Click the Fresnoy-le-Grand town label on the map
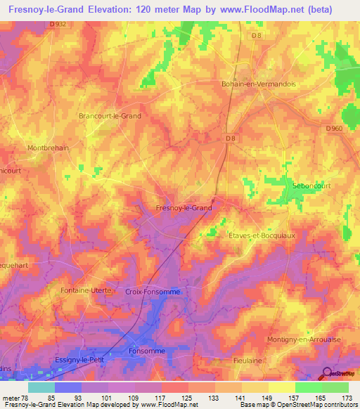(x=183, y=209)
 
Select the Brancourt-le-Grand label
(x=110, y=116)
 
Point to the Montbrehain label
(x=48, y=148)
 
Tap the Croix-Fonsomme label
(x=153, y=291)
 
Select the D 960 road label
(x=335, y=129)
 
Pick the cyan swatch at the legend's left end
(x=41, y=387)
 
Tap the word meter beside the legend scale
(x=12, y=398)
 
